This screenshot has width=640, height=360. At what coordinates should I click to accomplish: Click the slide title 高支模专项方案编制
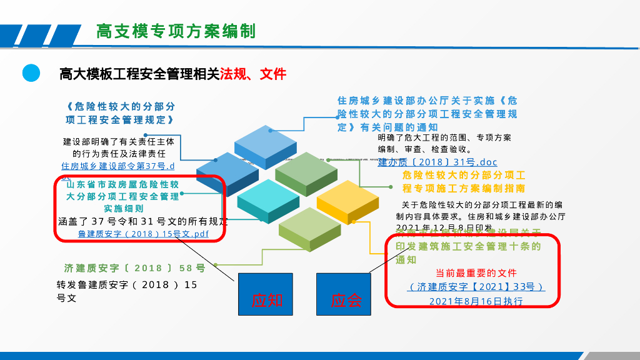coord(176,31)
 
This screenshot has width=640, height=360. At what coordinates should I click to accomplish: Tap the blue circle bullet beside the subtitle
coord(31,73)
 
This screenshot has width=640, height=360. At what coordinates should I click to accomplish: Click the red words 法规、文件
coord(252,74)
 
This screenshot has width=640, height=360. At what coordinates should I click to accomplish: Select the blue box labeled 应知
coord(265,294)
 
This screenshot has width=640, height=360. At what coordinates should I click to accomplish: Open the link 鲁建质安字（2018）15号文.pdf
coord(143,234)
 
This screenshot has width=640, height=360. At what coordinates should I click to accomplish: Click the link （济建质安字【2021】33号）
coord(476,287)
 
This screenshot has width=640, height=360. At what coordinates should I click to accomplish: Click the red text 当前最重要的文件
coord(476,273)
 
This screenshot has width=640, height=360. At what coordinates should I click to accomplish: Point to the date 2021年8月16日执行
coord(476,301)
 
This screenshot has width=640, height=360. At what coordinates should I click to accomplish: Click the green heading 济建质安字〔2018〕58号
coord(135,268)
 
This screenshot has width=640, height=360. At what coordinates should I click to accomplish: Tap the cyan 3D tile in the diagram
coord(268,199)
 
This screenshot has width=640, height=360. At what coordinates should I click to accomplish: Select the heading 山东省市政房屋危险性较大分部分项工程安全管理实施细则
coord(123,196)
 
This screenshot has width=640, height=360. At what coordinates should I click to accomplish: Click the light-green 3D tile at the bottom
coord(310,227)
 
